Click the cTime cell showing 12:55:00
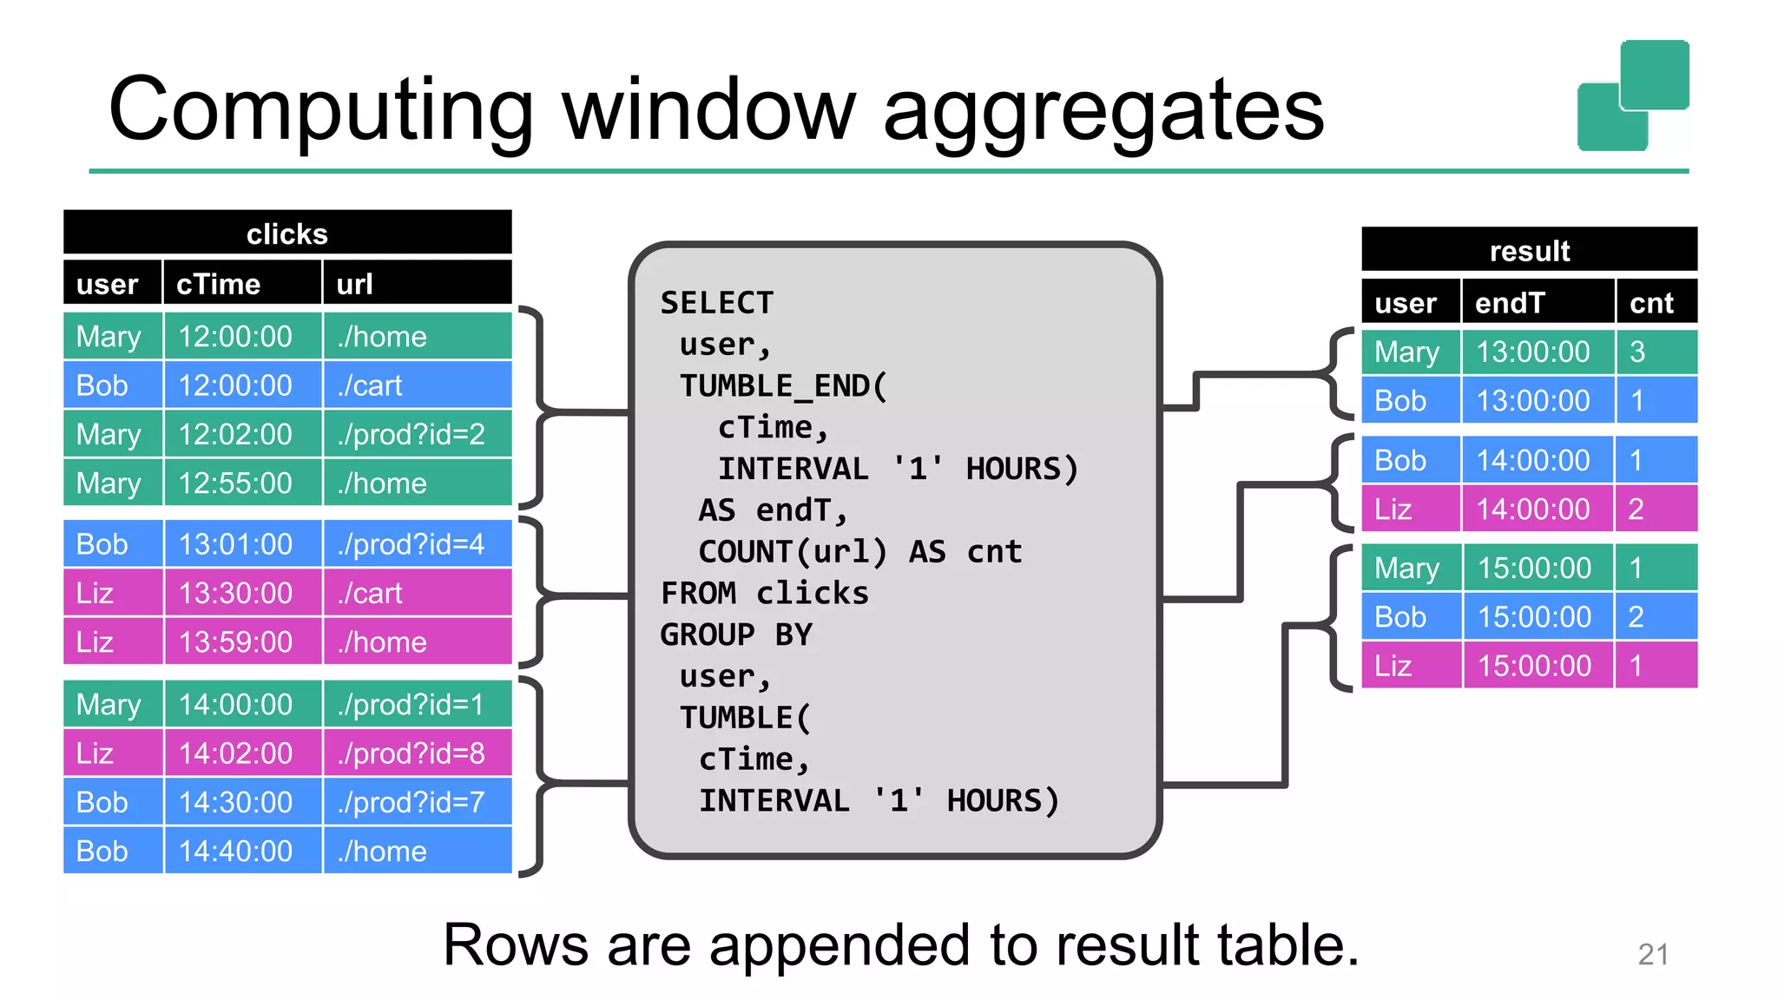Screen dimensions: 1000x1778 235,484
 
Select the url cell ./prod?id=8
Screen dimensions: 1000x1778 412,753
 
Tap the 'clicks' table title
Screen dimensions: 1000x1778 287,234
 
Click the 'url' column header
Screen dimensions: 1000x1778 354,284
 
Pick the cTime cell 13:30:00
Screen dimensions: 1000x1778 235,594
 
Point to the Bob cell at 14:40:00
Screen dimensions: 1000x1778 102,852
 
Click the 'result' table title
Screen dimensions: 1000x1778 1529,251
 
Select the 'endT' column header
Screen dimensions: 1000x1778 1510,303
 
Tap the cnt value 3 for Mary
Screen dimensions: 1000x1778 1637,352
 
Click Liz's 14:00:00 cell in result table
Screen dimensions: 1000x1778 1533,510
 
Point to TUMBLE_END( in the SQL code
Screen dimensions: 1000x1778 784,385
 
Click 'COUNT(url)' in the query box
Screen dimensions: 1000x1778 793,552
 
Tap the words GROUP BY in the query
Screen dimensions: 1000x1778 736,635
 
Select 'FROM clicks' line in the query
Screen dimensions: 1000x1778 764,594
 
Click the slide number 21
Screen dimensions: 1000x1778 1653,955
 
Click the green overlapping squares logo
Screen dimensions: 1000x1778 1632,95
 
